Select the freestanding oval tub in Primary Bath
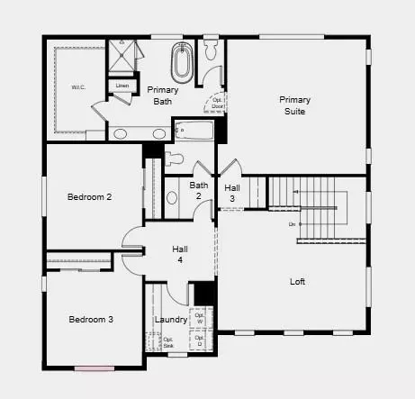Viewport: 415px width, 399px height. (183, 64)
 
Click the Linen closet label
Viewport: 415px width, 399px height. (122, 86)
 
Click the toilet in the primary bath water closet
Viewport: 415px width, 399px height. (212, 50)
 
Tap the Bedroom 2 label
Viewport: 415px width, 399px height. (89, 196)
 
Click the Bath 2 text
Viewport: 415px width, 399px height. (198, 191)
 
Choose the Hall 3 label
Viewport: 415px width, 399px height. (231, 193)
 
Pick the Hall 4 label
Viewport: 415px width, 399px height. (180, 254)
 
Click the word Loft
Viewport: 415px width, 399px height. (297, 281)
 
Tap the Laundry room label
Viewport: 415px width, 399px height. (170, 320)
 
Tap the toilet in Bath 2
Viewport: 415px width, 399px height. (175, 160)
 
